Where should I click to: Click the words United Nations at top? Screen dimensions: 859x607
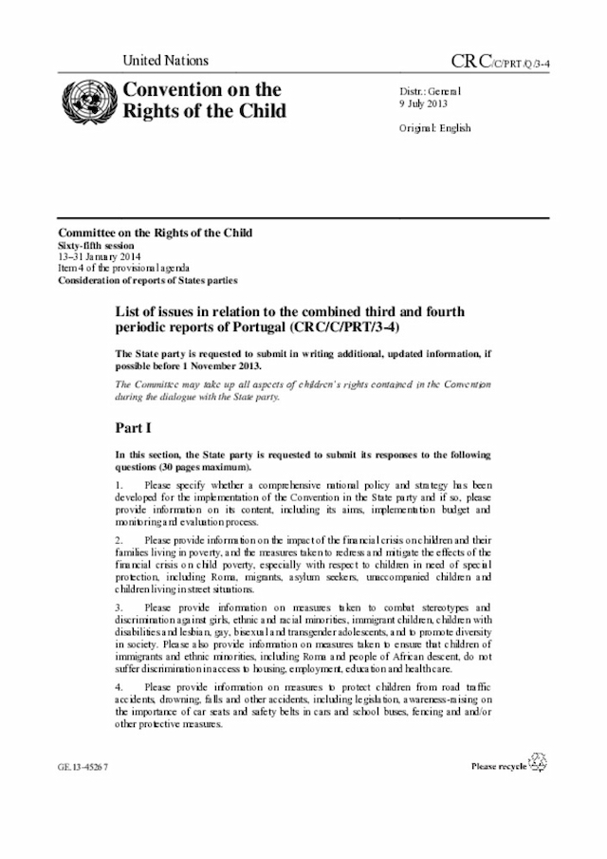click(x=166, y=61)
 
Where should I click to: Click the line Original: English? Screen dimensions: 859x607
click(x=434, y=128)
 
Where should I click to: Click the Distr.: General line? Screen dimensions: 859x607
click(x=430, y=91)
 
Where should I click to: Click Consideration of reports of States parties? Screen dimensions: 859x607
click(x=148, y=280)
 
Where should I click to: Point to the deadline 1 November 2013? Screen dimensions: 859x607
click(x=212, y=365)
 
